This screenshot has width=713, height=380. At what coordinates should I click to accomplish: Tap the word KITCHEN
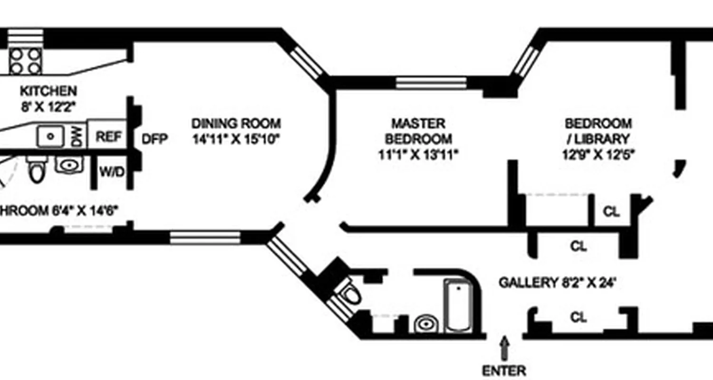pyautogui.click(x=48, y=91)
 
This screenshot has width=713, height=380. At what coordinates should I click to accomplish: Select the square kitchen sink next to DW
pyautogui.click(x=51, y=137)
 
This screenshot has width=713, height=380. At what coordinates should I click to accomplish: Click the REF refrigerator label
pyautogui.click(x=109, y=137)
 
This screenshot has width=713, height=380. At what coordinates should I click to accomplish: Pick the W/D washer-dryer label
pyautogui.click(x=112, y=171)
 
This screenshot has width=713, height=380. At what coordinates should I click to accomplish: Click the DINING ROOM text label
pyautogui.click(x=236, y=123)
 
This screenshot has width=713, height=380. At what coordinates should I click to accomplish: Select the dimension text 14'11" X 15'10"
pyautogui.click(x=236, y=139)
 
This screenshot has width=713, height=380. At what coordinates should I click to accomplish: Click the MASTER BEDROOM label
pyautogui.click(x=418, y=131)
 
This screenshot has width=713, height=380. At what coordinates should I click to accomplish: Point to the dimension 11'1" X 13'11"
pyautogui.click(x=418, y=155)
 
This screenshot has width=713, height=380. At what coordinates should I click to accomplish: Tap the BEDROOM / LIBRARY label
pyautogui.click(x=598, y=131)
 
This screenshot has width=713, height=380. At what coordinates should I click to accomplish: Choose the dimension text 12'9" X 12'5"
pyautogui.click(x=598, y=155)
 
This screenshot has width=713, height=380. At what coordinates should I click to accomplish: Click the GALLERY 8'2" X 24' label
pyautogui.click(x=557, y=283)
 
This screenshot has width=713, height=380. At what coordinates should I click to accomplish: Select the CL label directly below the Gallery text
pyautogui.click(x=578, y=317)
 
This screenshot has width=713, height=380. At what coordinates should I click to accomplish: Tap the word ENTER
pyautogui.click(x=504, y=370)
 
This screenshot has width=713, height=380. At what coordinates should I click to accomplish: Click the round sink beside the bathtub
pyautogui.click(x=424, y=325)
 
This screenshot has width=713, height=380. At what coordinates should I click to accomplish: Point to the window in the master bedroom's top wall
pyautogui.click(x=431, y=83)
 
